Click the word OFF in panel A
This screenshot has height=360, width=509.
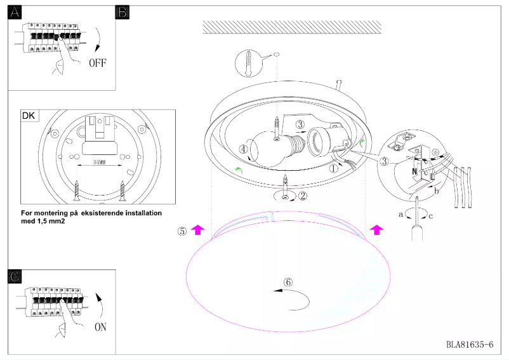(x=98, y=63)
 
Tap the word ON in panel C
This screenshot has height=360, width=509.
(x=100, y=328)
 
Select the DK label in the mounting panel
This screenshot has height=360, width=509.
(x=29, y=117)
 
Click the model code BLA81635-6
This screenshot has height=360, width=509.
(x=469, y=345)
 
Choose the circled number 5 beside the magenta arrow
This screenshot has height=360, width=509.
(x=182, y=231)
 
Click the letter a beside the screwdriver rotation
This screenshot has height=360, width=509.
(x=400, y=215)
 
